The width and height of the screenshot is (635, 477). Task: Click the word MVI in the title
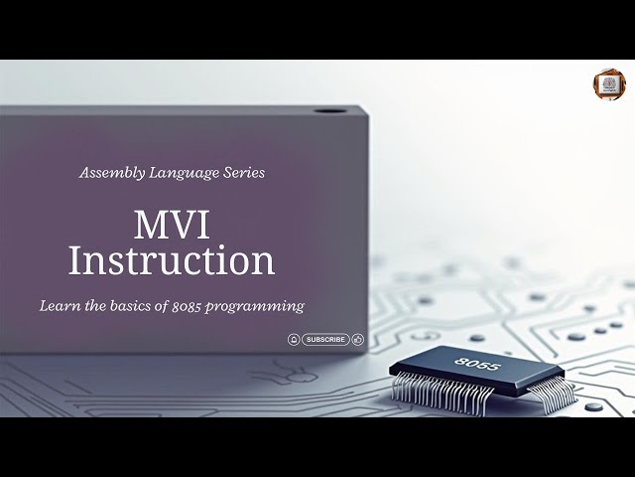coord(172,223)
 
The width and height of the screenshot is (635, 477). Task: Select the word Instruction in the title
coord(172,260)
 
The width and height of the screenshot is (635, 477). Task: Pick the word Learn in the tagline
coord(59,305)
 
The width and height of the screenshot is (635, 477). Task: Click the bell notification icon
coord(294,339)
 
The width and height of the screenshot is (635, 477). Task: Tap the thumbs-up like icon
coord(358,339)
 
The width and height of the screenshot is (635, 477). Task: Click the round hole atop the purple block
coord(325,110)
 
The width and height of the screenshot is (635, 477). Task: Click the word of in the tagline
coord(168,305)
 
